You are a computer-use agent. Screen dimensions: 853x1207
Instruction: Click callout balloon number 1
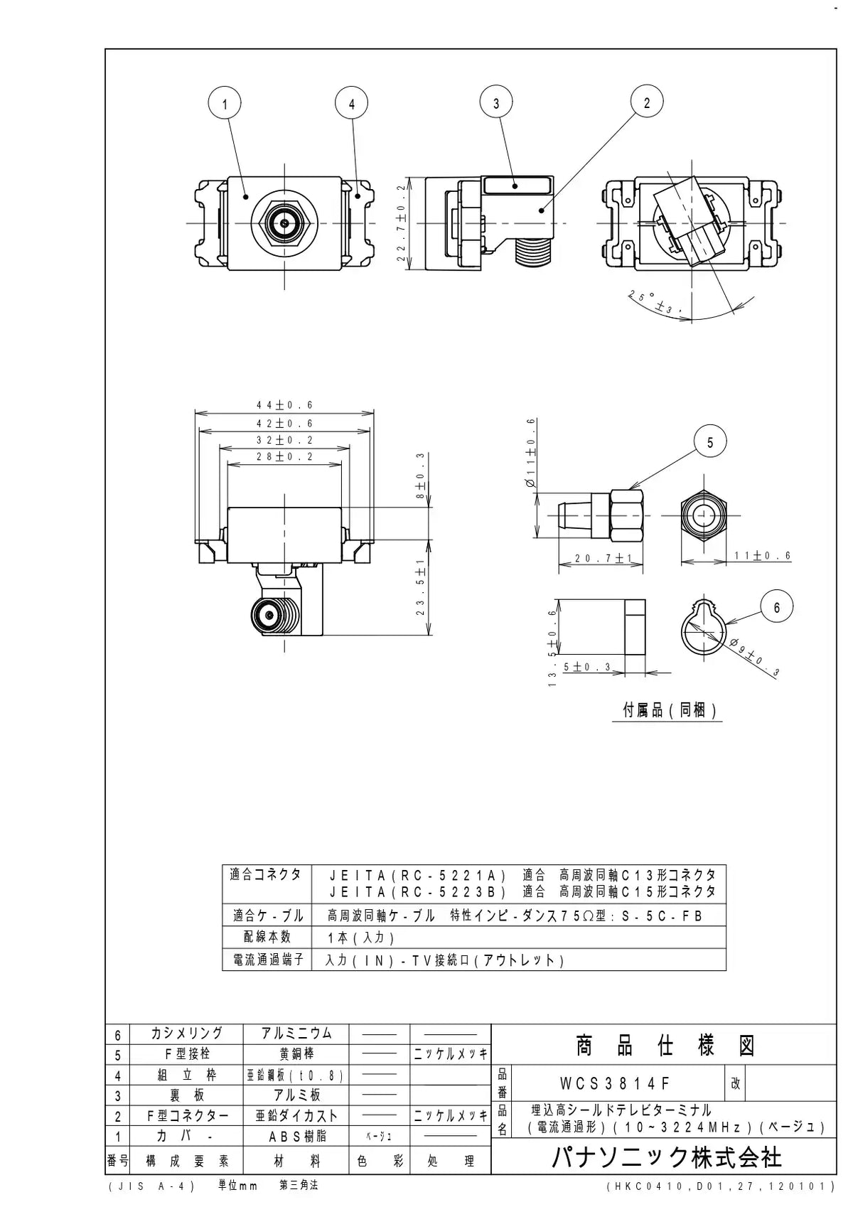pos(224,104)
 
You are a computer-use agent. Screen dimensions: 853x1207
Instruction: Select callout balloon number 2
pos(647,102)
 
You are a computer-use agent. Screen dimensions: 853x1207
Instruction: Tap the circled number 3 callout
pos(495,102)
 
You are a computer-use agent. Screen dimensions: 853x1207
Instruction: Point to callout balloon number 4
pos(351,104)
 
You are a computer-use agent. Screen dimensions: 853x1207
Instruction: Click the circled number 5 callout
pos(709,442)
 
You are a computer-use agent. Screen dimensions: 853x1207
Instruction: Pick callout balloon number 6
pos(776,607)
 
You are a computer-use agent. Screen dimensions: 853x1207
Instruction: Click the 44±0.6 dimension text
pos(284,404)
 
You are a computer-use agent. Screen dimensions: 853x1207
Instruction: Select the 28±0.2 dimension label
pos(284,456)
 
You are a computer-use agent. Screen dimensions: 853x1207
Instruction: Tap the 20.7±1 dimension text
pos(602,558)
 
